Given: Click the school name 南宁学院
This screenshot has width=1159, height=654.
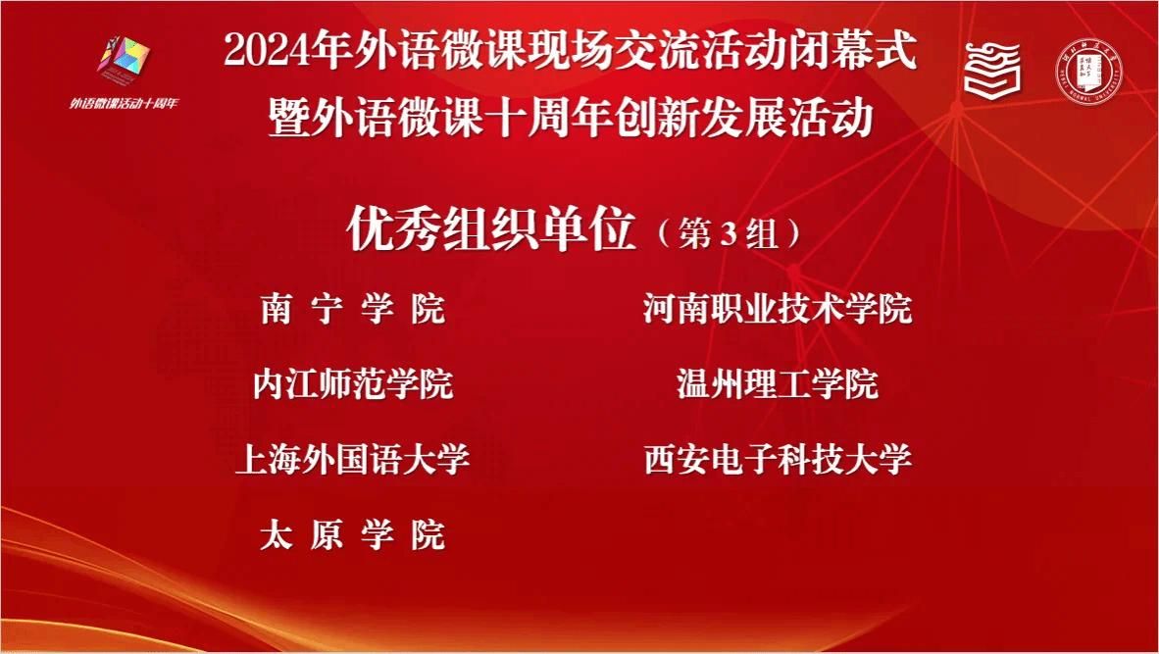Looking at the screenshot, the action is tap(353, 308).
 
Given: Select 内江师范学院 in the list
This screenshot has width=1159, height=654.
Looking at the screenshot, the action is tap(353, 384).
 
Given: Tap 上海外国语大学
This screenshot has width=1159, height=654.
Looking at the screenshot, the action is tap(353, 460).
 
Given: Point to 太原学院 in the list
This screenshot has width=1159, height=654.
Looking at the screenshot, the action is tap(353, 535).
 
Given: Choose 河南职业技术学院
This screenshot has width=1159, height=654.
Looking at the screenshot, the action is tap(778, 308).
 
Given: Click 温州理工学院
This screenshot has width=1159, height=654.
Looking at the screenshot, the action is tap(778, 384).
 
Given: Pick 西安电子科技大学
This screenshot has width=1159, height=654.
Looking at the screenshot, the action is tap(778, 460).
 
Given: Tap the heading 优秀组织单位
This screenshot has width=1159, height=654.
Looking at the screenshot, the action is tap(491, 229).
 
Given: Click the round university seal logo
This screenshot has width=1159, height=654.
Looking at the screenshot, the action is tap(1087, 71).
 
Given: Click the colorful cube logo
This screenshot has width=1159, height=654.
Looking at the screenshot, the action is tap(125, 57).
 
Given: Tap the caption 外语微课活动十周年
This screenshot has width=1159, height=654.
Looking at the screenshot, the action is tap(125, 103).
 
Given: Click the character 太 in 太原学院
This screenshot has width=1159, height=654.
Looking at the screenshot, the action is tap(276, 535).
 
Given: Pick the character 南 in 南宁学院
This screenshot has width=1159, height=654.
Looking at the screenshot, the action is tap(276, 308).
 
